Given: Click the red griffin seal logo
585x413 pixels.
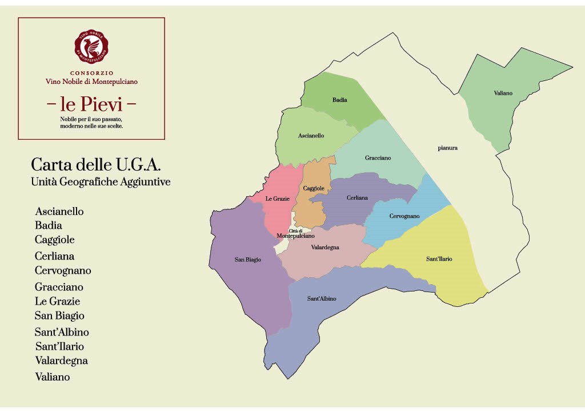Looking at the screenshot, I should (91, 46).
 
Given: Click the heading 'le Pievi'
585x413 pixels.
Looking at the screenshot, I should (91, 104).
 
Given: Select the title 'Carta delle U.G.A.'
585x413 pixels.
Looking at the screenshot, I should (96, 165).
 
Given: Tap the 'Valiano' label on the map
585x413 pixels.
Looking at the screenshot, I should (503, 93).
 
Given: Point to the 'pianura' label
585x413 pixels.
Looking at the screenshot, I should (447, 148).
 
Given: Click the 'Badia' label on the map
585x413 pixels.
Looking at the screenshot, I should (339, 100).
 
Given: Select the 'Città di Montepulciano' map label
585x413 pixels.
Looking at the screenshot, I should (295, 233).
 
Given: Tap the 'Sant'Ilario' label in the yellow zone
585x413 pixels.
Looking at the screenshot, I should (439, 259).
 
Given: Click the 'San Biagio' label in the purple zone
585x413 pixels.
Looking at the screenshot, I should (248, 260).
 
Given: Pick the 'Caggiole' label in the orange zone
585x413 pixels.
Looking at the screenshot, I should (314, 188).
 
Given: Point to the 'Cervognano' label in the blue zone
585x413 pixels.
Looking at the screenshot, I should (404, 216).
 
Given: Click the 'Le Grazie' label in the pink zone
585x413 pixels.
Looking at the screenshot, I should (278, 199).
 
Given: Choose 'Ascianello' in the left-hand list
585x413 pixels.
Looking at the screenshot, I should (59, 212).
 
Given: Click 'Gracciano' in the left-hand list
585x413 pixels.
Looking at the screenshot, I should (59, 287).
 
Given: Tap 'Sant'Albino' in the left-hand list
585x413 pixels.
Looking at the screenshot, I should (62, 332).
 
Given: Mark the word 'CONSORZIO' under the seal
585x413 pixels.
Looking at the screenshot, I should (91, 73).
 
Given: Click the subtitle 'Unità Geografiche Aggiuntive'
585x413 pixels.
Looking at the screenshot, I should (101, 182).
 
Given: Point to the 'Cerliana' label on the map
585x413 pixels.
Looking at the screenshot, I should (357, 198).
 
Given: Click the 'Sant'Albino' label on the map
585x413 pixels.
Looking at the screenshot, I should (322, 298).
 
